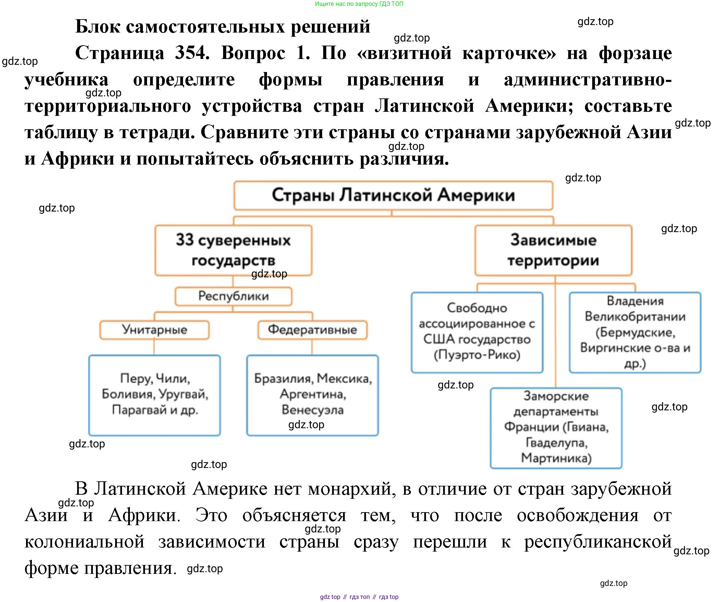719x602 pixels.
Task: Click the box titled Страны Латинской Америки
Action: pyautogui.click(x=393, y=195)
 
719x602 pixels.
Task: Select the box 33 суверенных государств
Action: pyautogui.click(x=233, y=250)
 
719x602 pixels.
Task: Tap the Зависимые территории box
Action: pyautogui.click(x=553, y=250)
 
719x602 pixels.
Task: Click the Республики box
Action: pyautogui.click(x=233, y=296)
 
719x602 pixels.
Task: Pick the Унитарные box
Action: pyautogui.click(x=154, y=330)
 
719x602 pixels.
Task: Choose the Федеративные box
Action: pyautogui.click(x=312, y=330)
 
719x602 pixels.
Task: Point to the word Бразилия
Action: pyautogui.click(x=283, y=378)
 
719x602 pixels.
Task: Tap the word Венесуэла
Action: pyautogui.click(x=312, y=410)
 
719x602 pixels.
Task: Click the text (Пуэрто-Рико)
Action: pyautogui.click(x=477, y=355)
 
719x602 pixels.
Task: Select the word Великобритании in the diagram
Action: pyautogui.click(x=635, y=316)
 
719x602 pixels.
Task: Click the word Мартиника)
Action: pyautogui.click(x=556, y=458)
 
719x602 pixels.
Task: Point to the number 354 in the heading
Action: pyautogui.click(x=192, y=53)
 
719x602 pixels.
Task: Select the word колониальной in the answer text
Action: pyautogui.click(x=84, y=542)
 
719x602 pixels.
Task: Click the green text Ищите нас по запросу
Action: pyautogui.click(x=346, y=4)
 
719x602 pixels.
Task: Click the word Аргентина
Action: pyautogui.click(x=312, y=394)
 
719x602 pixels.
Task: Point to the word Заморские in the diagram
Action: pyautogui.click(x=556, y=396)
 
